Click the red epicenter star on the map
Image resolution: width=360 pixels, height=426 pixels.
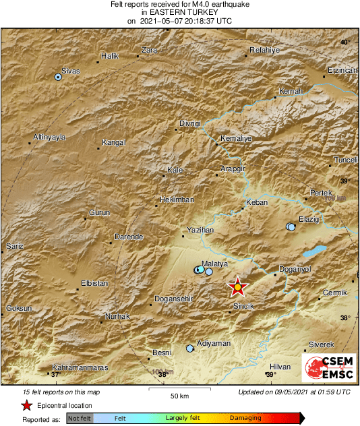237,287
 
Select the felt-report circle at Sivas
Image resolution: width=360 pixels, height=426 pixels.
58,78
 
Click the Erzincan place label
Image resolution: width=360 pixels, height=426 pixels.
340,70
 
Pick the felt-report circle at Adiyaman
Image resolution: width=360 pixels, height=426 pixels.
190,348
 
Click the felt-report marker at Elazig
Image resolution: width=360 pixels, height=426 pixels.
291,227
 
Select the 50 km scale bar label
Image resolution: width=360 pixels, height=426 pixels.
179,395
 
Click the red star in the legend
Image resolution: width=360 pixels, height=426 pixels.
26,406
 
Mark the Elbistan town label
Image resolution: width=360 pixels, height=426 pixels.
94,283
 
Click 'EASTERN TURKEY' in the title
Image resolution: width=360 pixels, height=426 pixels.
179,12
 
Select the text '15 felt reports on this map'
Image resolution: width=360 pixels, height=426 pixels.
61,392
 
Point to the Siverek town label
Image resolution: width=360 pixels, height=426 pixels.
321,344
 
